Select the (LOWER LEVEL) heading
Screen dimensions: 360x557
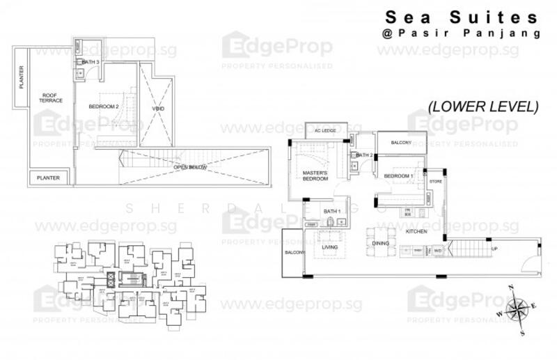[483, 107]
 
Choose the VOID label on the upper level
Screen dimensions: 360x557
[157, 109]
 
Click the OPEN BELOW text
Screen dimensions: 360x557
[190, 166]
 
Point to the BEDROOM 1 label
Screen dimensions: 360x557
[398, 175]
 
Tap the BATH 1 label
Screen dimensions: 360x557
[331, 211]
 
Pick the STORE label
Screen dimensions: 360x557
[436, 182]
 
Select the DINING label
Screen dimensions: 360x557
[380, 243]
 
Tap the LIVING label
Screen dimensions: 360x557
[329, 246]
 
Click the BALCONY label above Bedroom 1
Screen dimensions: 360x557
[401, 143]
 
